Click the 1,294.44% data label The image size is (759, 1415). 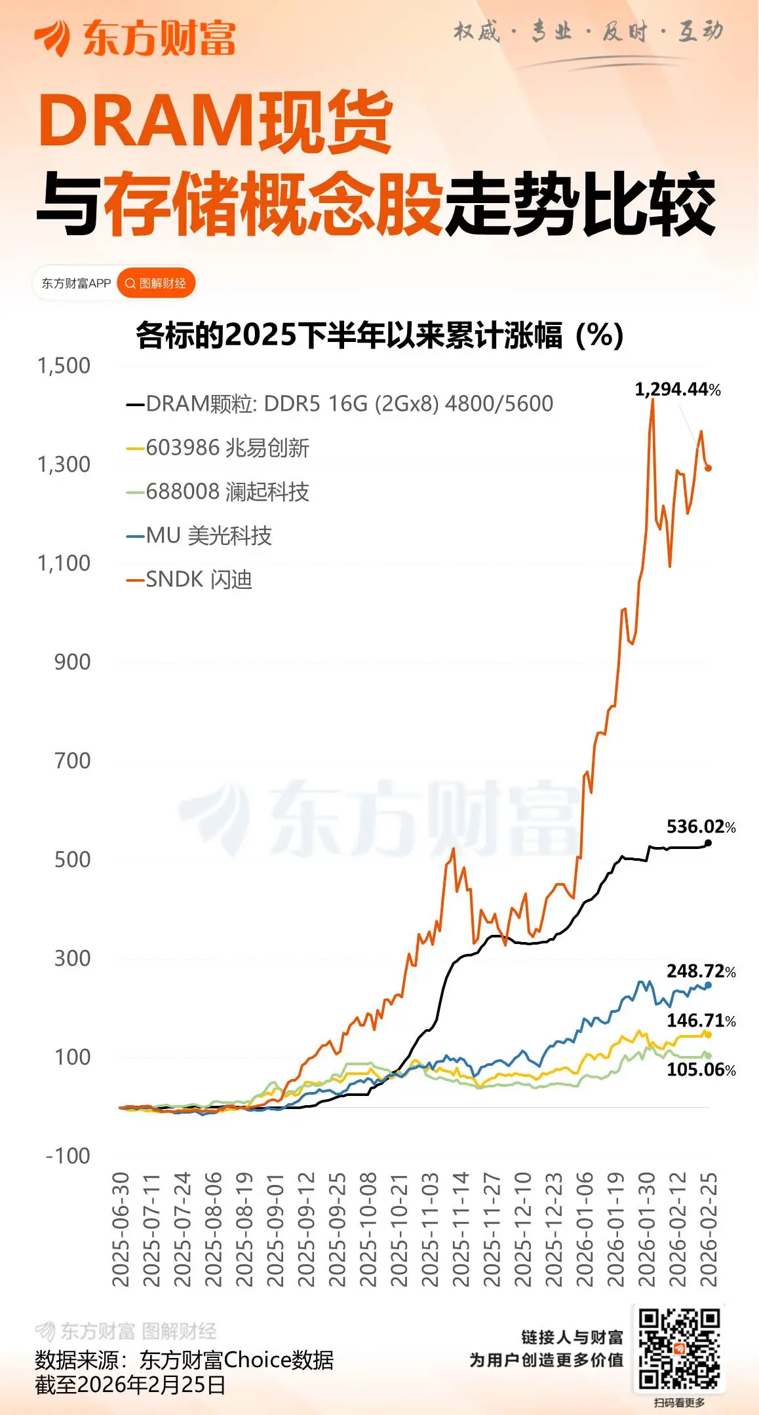click(677, 390)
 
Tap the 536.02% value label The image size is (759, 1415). click(701, 827)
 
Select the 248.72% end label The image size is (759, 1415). click(701, 971)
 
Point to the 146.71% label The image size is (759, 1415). click(701, 1021)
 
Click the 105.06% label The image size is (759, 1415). click(701, 1070)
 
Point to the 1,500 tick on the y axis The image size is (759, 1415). click(64, 366)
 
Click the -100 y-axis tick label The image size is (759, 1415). click(68, 1156)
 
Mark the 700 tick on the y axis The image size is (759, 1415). click(72, 761)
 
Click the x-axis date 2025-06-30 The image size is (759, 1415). click(121, 1230)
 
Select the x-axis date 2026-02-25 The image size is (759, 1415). click(709, 1230)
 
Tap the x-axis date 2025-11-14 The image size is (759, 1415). click(461, 1230)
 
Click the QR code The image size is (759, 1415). click(679, 1348)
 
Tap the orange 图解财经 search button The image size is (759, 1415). click(156, 284)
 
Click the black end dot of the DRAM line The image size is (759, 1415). click(708, 842)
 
